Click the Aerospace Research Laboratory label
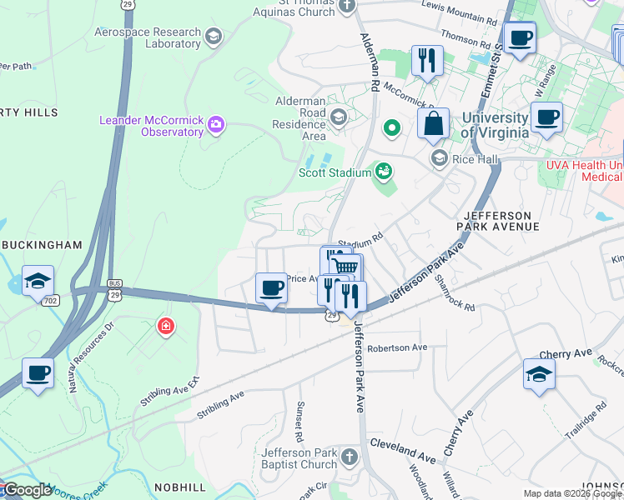148,37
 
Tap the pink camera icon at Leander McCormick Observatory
217,125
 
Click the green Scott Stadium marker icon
384,172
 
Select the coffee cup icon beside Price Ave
271,288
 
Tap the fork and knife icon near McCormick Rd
426,60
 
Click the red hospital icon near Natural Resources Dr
167,326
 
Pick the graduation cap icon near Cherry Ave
539,374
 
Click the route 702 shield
52,299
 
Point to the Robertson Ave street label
396,347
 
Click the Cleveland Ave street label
403,450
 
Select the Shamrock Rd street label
455,294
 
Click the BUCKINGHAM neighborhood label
42,245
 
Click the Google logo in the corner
27,490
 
